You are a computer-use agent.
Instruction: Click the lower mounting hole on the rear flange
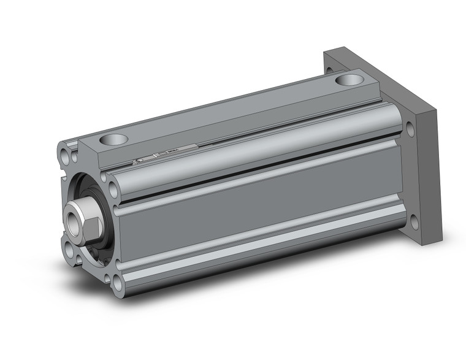tap(415, 222)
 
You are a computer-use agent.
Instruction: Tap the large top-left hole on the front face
tap(66, 151)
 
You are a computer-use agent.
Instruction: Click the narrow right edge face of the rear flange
tap(429, 178)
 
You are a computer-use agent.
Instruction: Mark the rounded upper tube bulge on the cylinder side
tap(258, 141)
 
